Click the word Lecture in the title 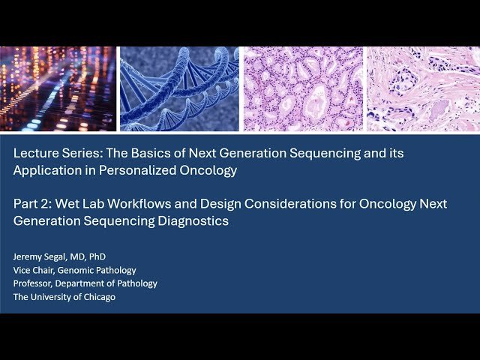34,153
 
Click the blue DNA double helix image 179,88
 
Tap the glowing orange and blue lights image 58,88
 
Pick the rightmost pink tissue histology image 422,88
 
